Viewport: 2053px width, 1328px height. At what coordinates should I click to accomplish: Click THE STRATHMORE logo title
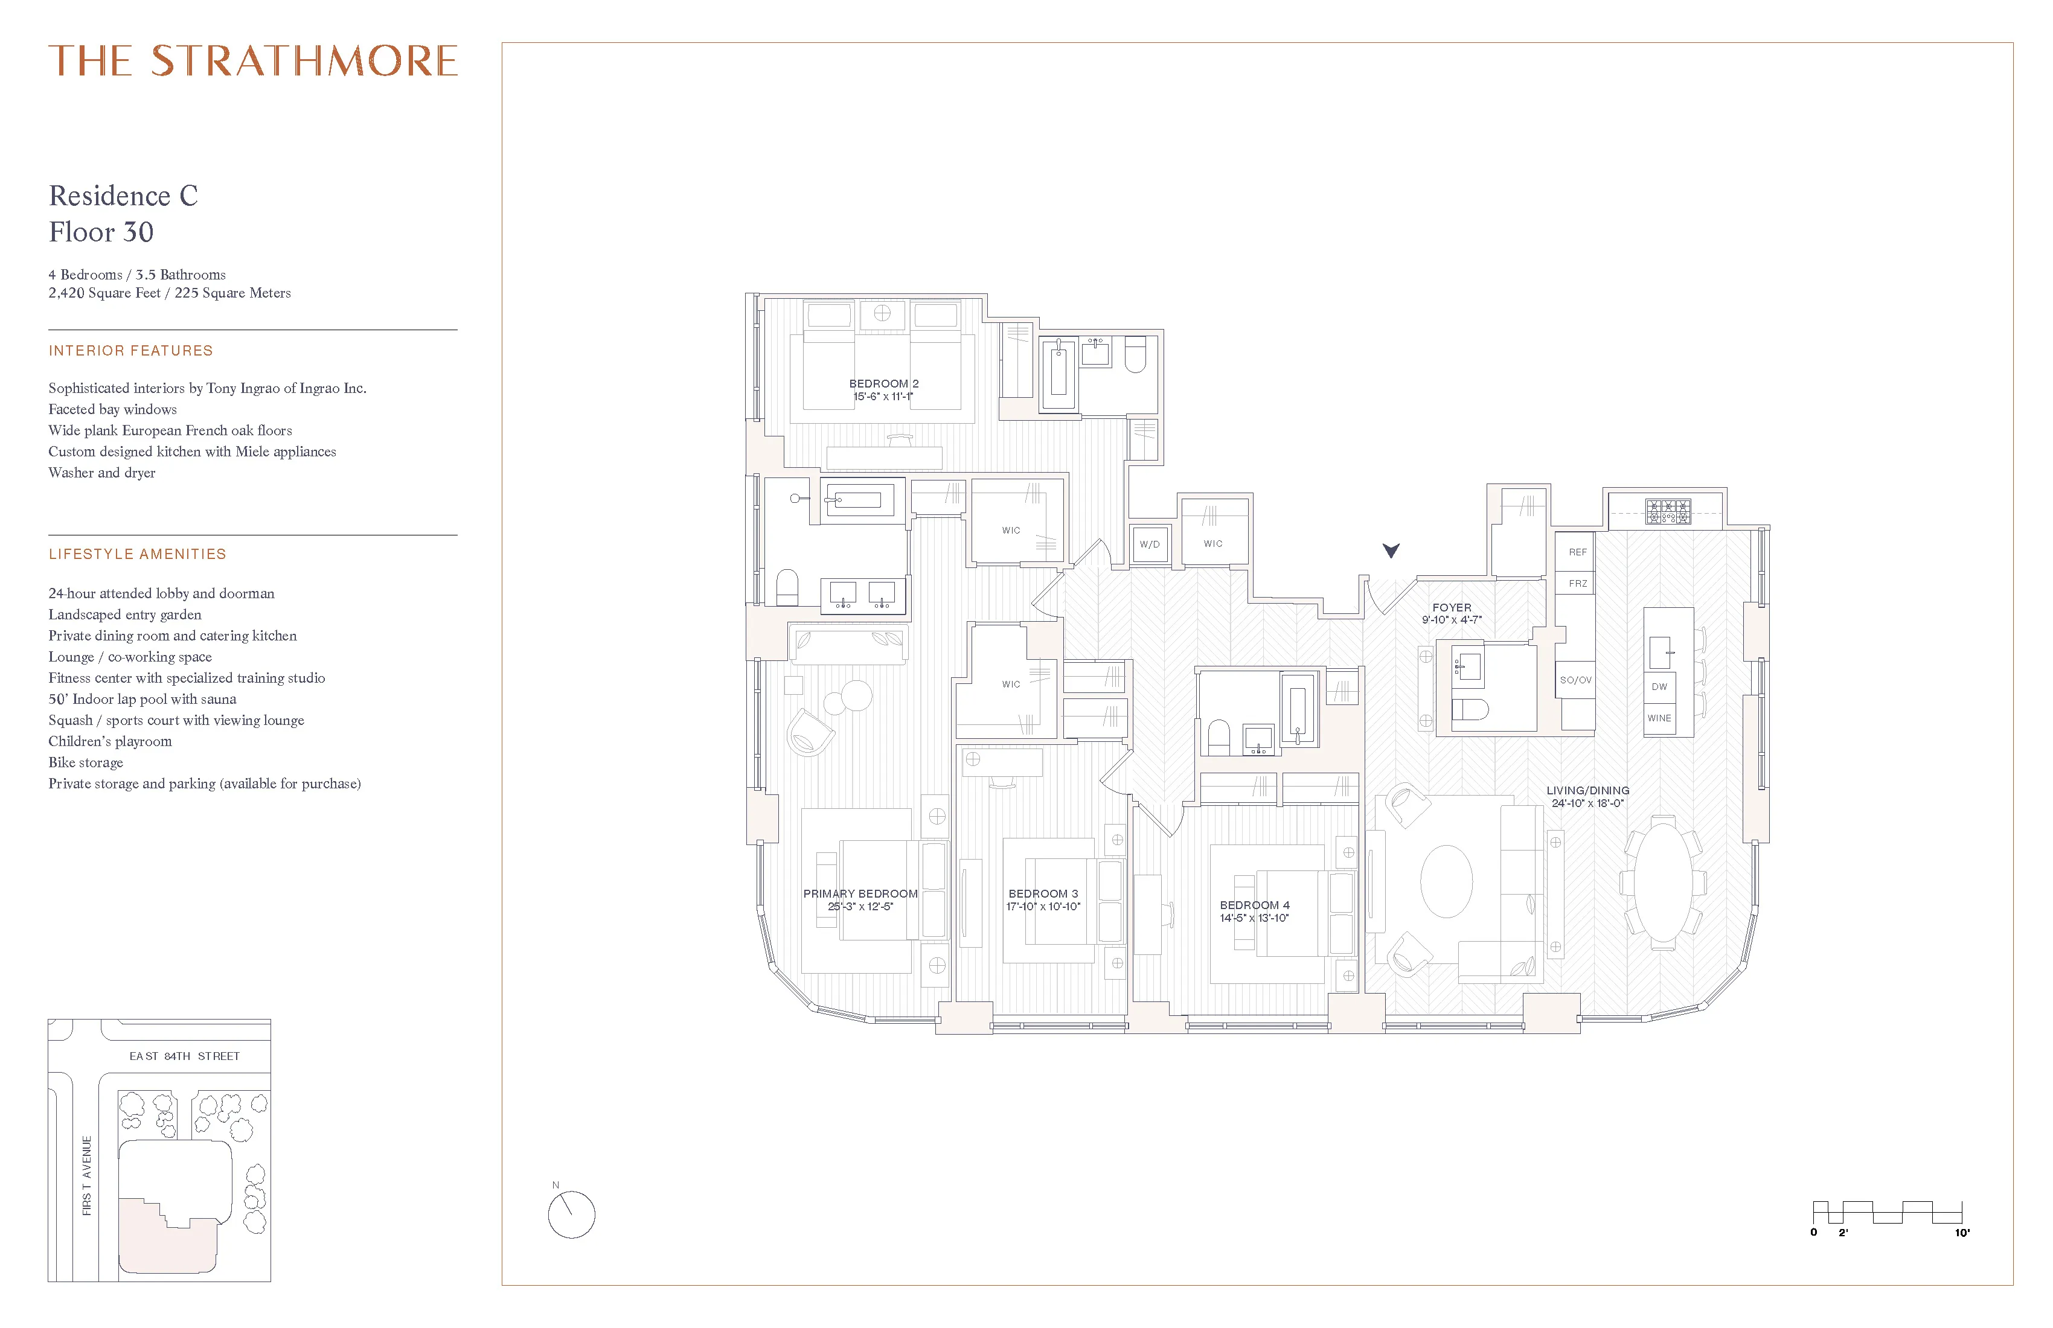(253, 61)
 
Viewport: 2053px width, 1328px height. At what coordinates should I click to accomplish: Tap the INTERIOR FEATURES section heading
(130, 351)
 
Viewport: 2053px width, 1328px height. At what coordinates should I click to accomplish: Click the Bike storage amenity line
(85, 762)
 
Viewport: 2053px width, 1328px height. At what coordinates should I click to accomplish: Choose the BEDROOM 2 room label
(883, 384)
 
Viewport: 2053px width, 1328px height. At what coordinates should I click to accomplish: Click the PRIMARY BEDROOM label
(860, 894)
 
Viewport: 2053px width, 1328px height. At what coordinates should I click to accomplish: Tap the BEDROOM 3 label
(1043, 894)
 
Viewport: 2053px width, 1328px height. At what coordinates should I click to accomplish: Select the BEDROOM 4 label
(1254, 905)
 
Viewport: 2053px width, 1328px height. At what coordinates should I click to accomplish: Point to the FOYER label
(1452, 608)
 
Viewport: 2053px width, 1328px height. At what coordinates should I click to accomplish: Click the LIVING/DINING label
(1587, 791)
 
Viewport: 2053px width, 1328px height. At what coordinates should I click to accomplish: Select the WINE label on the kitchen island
(1659, 718)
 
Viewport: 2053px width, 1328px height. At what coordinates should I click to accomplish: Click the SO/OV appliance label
(1575, 680)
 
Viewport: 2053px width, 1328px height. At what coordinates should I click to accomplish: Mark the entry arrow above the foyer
(1391, 550)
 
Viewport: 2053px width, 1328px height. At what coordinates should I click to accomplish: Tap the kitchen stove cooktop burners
(1667, 511)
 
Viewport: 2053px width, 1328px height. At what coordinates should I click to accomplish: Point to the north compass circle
(571, 1215)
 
